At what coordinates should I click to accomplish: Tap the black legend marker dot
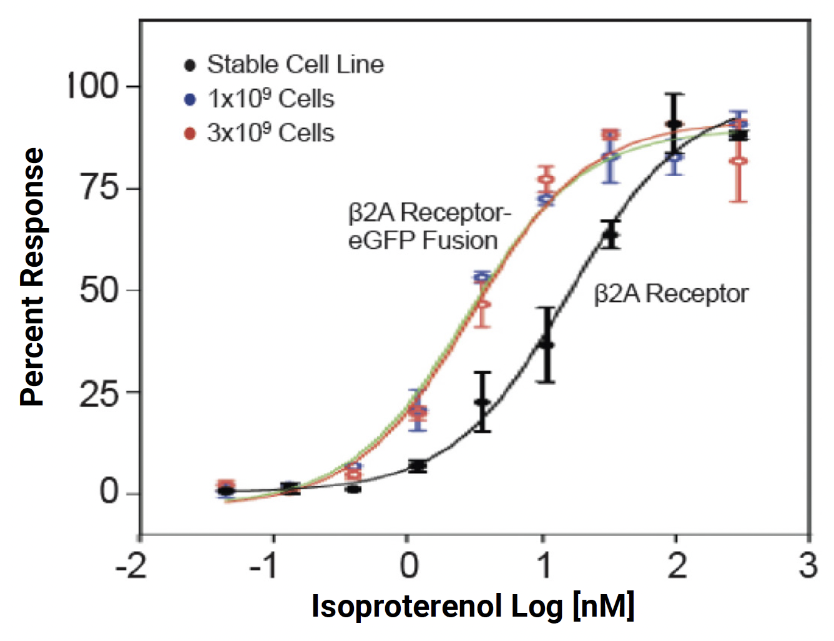(x=190, y=65)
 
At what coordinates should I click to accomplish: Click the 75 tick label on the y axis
(x=100, y=187)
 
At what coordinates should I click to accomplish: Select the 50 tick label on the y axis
(x=100, y=290)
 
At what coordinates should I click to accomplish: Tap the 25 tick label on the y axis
(x=100, y=392)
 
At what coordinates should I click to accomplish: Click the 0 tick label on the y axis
(x=109, y=492)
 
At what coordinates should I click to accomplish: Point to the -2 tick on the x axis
(x=132, y=565)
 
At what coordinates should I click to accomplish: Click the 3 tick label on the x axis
(x=808, y=565)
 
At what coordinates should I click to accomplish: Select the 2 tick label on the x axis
(x=677, y=565)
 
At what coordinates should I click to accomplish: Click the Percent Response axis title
(x=32, y=277)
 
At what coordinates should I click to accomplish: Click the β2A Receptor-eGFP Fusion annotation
(x=429, y=226)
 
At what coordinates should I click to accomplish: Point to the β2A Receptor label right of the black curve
(x=671, y=294)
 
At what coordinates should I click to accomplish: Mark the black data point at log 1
(x=547, y=345)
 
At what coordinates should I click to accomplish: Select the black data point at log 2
(x=674, y=124)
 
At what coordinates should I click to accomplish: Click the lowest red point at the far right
(x=739, y=161)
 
